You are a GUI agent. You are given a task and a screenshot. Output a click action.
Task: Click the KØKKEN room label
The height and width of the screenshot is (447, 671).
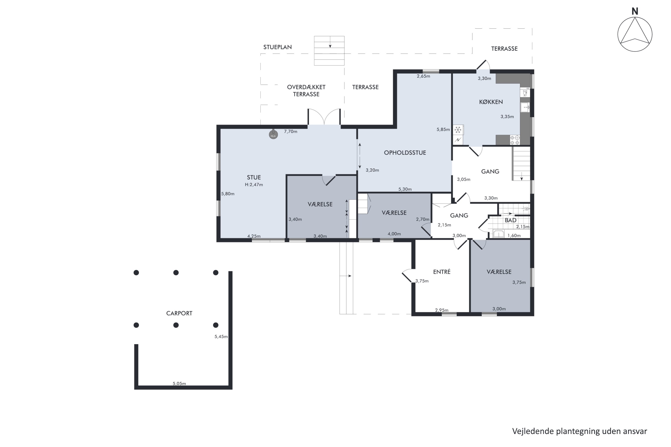[x=491, y=102]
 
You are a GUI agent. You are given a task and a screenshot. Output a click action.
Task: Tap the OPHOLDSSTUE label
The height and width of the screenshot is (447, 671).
[x=405, y=152]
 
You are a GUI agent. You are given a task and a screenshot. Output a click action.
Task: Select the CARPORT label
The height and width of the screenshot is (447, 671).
[x=179, y=313]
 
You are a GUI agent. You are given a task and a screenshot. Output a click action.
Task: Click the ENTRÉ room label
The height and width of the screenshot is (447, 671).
[x=442, y=272]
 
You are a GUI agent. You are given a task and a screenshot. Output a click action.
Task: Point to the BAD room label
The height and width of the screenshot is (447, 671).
[x=510, y=220]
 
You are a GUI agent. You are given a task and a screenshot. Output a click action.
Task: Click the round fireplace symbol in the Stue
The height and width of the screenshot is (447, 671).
[x=273, y=134]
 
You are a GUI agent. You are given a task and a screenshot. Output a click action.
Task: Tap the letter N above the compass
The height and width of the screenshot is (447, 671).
[x=635, y=11]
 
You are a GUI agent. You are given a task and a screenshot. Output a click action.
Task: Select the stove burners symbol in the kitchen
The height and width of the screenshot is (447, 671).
[x=515, y=140]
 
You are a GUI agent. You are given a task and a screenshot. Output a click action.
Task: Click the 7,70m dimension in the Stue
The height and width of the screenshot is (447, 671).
[x=290, y=131]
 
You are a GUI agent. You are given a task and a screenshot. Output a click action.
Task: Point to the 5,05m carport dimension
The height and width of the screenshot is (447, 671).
[x=179, y=384]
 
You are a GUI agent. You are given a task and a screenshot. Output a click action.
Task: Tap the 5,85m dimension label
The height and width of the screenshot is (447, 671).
[x=443, y=129]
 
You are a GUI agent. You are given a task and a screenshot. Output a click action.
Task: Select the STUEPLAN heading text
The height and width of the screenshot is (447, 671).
[x=277, y=47]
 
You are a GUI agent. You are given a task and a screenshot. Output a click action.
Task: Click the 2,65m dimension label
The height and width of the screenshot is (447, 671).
[x=423, y=76]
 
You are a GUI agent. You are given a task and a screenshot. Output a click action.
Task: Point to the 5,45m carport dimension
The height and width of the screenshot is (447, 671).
[x=221, y=336]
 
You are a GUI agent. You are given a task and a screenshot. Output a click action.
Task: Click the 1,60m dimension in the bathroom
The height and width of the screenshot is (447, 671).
[x=514, y=236]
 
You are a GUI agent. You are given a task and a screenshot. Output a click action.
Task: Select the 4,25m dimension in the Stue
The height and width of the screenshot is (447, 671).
[x=254, y=236]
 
